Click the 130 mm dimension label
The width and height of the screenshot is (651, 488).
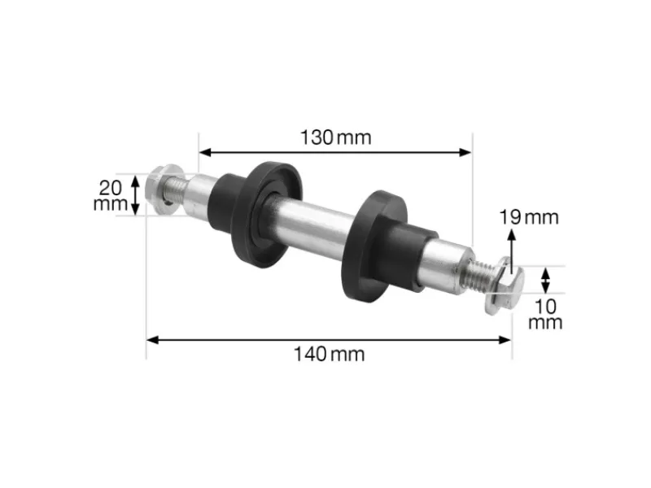click(335, 137)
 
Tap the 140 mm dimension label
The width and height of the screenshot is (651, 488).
click(330, 354)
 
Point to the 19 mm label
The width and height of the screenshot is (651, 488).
click(529, 217)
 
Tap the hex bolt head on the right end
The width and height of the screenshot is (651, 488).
click(500, 288)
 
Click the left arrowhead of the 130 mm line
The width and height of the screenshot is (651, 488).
click(203, 151)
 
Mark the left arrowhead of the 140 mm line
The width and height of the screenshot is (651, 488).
click(151, 339)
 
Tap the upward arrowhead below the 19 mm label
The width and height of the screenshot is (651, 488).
click(512, 235)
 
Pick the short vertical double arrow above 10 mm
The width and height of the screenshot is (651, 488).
click(546, 281)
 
